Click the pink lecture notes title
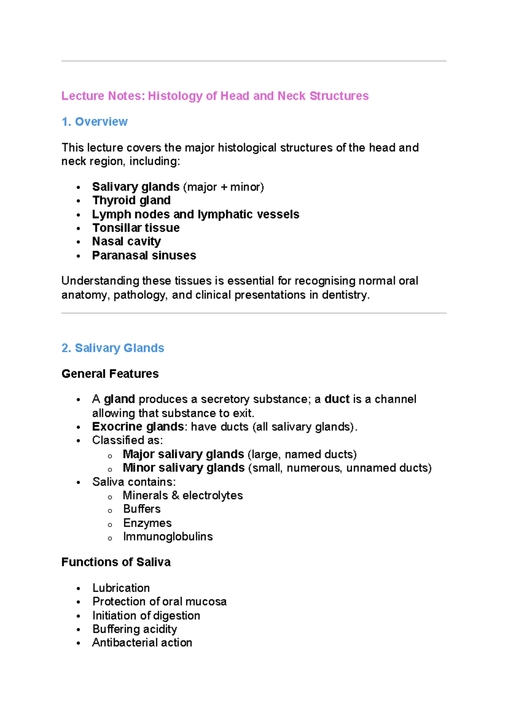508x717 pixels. (x=215, y=96)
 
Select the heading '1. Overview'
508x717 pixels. (x=94, y=122)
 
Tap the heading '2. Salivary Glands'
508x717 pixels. (x=113, y=348)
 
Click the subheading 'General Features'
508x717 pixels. (x=110, y=374)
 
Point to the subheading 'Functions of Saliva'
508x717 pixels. (x=116, y=562)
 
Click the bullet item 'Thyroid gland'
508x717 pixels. (x=131, y=200)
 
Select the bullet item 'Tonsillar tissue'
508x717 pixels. (x=136, y=228)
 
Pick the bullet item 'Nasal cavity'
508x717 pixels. (x=126, y=241)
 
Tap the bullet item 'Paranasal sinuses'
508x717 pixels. (x=144, y=255)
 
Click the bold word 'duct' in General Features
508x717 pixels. (x=337, y=399)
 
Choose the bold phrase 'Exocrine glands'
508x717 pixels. (x=138, y=427)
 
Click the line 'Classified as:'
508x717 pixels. (x=127, y=440)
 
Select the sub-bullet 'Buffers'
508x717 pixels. (x=142, y=509)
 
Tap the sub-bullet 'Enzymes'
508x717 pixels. (x=147, y=523)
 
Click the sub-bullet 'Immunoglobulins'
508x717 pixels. (x=168, y=536)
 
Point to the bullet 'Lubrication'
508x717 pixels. (x=121, y=588)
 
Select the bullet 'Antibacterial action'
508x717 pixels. (x=142, y=643)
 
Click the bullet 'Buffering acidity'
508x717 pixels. (x=135, y=629)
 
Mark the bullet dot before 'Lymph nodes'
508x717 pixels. (x=78, y=215)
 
